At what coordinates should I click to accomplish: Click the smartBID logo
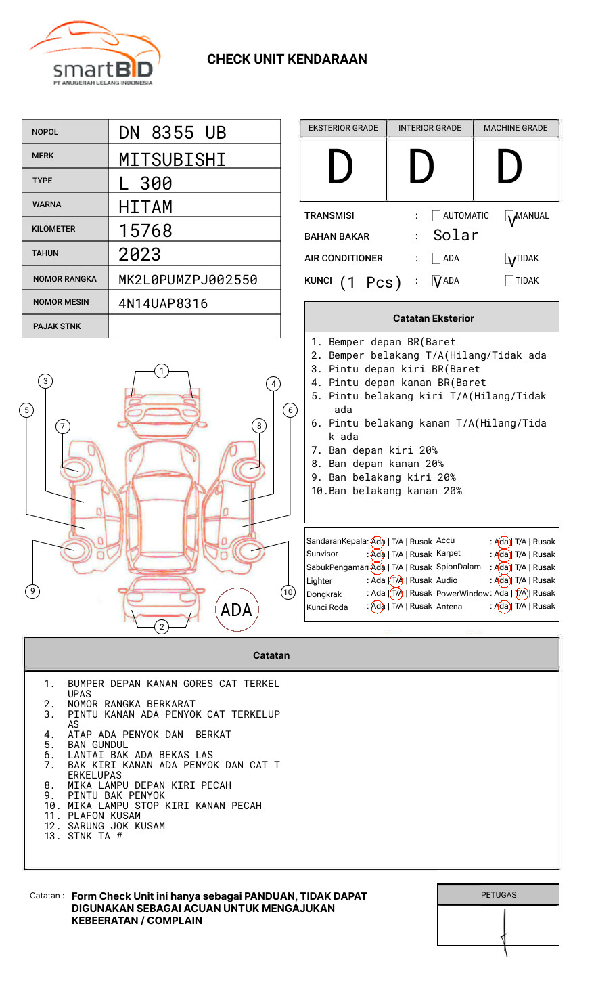click(95, 54)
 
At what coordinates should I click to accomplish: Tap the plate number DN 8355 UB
click(173, 133)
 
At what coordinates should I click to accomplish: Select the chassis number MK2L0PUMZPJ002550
click(188, 280)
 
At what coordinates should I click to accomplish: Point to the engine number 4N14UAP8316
click(163, 303)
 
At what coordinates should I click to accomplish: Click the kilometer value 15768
click(145, 231)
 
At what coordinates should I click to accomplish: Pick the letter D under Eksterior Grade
click(340, 167)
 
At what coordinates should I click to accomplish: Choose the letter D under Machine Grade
click(509, 167)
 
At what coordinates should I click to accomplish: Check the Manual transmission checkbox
click(510, 217)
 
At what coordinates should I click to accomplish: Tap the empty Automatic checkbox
click(436, 216)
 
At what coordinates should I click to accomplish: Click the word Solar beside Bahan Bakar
click(455, 236)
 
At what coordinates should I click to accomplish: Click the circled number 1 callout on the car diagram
click(161, 370)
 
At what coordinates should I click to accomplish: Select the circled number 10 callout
click(288, 592)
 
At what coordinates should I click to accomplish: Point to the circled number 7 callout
click(62, 426)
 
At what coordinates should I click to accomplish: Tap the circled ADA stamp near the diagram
click(236, 610)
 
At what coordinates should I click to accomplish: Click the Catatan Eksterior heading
click(433, 318)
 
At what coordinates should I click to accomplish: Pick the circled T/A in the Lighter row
click(396, 580)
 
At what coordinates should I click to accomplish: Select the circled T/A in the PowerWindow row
click(521, 593)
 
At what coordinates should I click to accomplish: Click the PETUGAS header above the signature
click(499, 895)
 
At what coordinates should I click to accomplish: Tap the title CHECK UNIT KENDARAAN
click(287, 60)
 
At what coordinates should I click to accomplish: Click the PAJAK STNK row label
click(57, 326)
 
